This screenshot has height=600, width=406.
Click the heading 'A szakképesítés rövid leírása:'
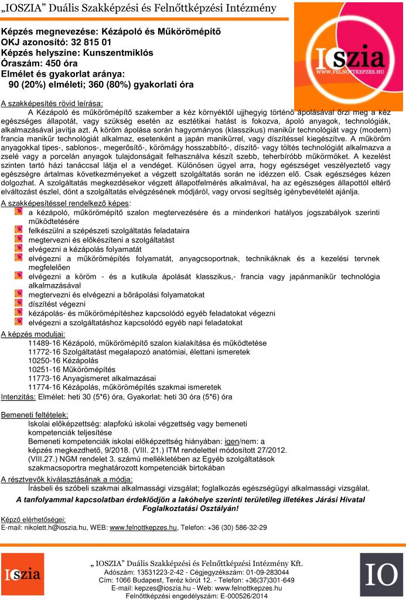(x=52, y=103)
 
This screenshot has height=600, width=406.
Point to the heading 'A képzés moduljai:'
(x=33, y=334)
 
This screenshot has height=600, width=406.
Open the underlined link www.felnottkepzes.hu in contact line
(x=144, y=527)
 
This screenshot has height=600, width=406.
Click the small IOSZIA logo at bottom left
(x=22, y=572)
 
